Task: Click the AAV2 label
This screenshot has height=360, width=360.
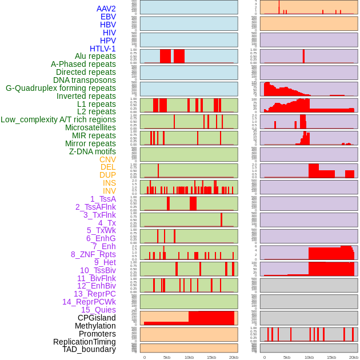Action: [106, 9]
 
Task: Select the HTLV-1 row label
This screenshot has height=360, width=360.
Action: [103, 49]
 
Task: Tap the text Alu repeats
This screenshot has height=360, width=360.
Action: [95, 56]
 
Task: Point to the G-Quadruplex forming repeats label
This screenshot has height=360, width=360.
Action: [61, 88]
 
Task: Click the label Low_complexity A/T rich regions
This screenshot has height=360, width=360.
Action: [58, 119]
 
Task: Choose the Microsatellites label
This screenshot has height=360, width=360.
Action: [90, 127]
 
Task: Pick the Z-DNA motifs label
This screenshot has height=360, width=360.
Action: [93, 151]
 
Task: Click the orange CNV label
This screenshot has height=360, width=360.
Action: [107, 159]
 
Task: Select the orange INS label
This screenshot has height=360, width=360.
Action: [109, 183]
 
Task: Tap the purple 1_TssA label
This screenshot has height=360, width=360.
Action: [103, 199]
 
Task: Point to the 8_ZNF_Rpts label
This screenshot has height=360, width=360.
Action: [93, 254]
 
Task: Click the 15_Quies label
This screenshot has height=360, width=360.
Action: [98, 310]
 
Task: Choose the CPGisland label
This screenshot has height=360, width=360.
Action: [97, 318]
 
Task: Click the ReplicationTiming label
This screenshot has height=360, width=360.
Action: [85, 342]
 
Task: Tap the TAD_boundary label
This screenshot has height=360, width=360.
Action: [89, 349]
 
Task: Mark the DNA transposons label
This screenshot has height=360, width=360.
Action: [85, 80]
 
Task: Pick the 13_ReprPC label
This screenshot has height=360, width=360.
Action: [94, 294]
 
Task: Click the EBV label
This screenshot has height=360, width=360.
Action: [108, 17]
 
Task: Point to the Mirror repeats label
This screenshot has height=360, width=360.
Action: [90, 143]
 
